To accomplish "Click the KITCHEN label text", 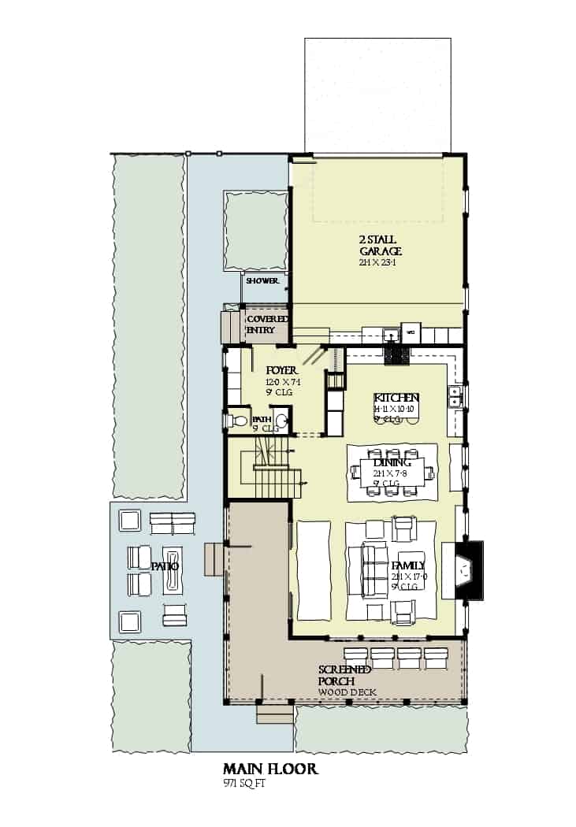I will tap(396, 398).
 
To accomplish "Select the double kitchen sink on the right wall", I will tap(454, 397).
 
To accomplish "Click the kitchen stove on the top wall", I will tap(396, 355).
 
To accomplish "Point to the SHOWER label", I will tap(262, 281).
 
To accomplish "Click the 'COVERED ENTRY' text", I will tap(265, 324).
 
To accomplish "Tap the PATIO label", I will tap(165, 566).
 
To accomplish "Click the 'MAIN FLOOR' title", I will tap(270, 769).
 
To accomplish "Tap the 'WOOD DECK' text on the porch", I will tap(347, 692).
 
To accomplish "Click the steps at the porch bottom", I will tap(274, 714).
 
